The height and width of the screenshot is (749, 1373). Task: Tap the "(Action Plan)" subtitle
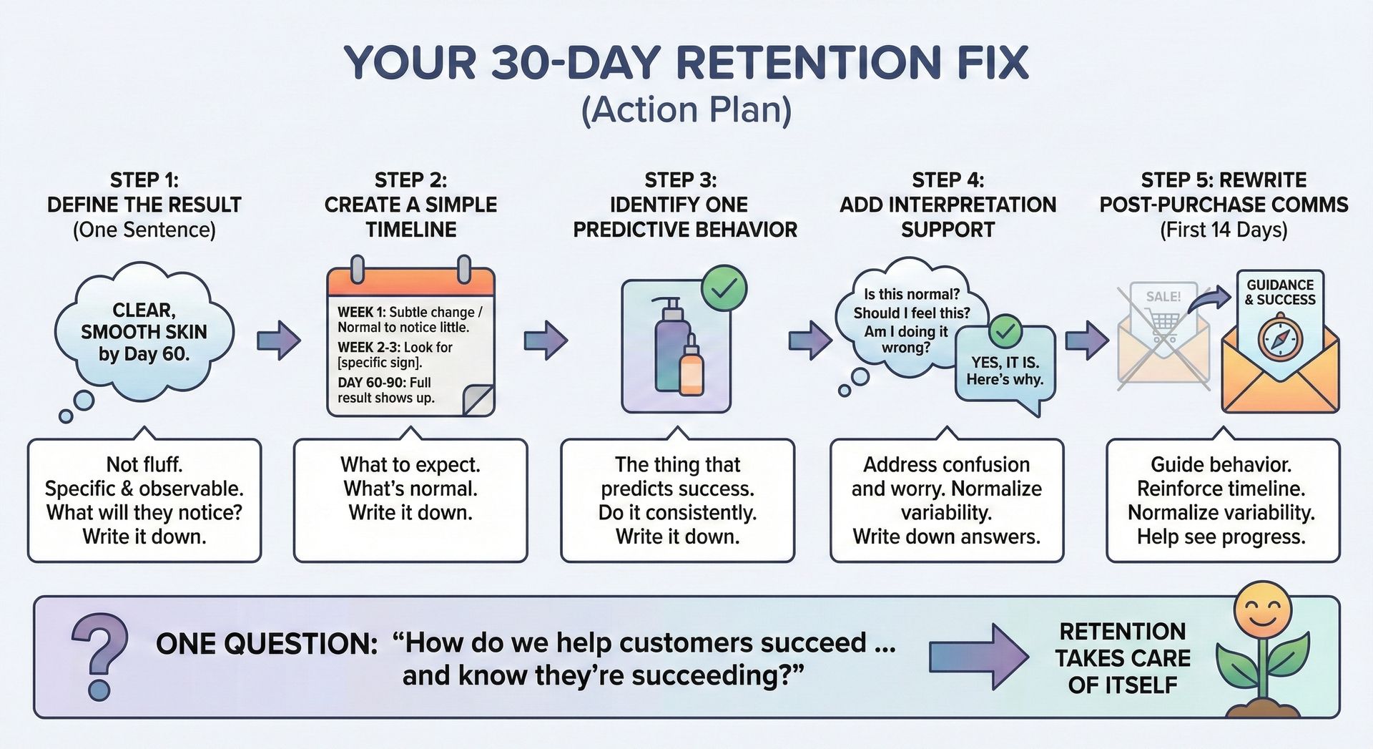coord(686,110)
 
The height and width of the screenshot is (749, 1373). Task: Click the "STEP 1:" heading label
coord(144,180)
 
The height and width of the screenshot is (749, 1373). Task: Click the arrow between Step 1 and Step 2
coord(278,339)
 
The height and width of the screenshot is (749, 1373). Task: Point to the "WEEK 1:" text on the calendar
coord(361,313)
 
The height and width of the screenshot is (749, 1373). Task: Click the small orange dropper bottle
coord(692,368)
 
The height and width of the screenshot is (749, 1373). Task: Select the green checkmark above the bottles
coord(724,288)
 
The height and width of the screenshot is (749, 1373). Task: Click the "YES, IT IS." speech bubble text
coord(1005,363)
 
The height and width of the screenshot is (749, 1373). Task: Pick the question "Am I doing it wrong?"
coord(906,340)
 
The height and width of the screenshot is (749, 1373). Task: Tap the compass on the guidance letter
coord(1280,339)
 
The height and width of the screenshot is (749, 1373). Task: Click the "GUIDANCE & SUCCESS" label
coord(1280,292)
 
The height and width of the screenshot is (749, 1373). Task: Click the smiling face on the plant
coord(1262,610)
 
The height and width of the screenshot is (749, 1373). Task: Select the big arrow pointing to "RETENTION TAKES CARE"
coord(978,657)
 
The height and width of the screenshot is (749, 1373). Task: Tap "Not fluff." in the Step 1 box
coord(144,465)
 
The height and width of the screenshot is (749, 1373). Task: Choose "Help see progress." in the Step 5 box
coord(1221,537)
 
